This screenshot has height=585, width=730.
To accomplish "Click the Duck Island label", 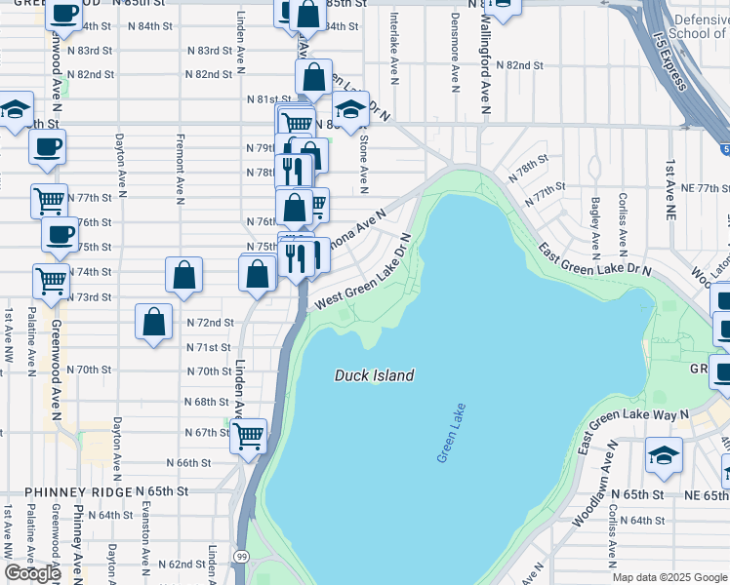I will (375, 375).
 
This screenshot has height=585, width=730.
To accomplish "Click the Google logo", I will (32, 573).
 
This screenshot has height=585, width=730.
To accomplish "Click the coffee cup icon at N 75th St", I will (60, 235).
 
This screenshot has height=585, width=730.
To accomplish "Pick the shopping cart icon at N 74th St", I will (52, 281).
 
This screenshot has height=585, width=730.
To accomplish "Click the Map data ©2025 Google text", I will (669, 576).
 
